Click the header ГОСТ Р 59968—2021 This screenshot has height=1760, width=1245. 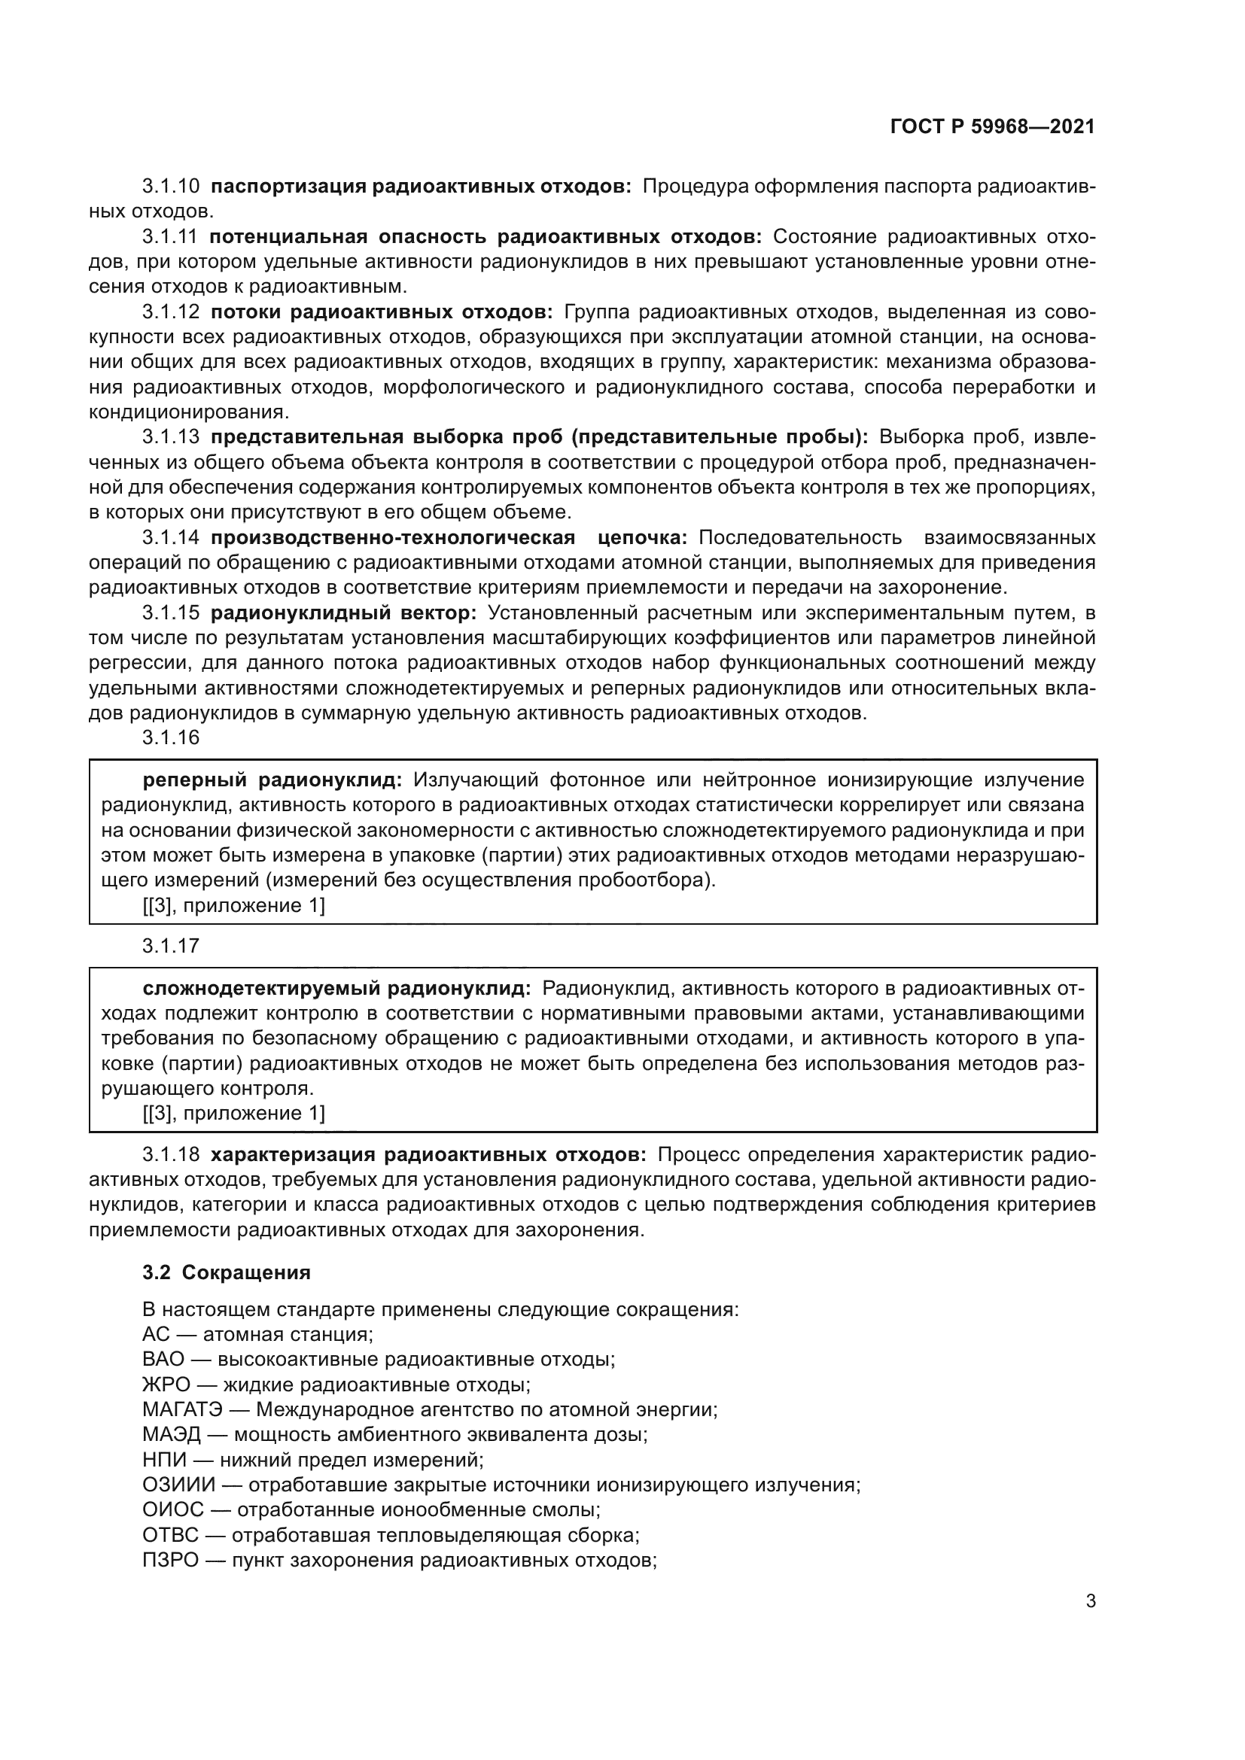click(992, 127)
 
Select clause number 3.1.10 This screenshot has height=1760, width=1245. click(170, 187)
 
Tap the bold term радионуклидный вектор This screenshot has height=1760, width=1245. click(343, 613)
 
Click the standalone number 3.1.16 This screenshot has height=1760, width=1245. click(170, 737)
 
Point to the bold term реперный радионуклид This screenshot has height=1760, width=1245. click(272, 780)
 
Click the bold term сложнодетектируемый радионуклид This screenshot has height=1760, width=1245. click(336, 988)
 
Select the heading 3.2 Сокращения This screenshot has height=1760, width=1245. click(226, 1272)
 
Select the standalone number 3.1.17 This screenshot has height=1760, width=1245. click(170, 946)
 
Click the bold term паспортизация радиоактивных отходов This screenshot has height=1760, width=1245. click(420, 187)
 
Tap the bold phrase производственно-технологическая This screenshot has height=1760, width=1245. click(392, 538)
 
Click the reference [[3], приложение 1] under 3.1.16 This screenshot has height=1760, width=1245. click(234, 905)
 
